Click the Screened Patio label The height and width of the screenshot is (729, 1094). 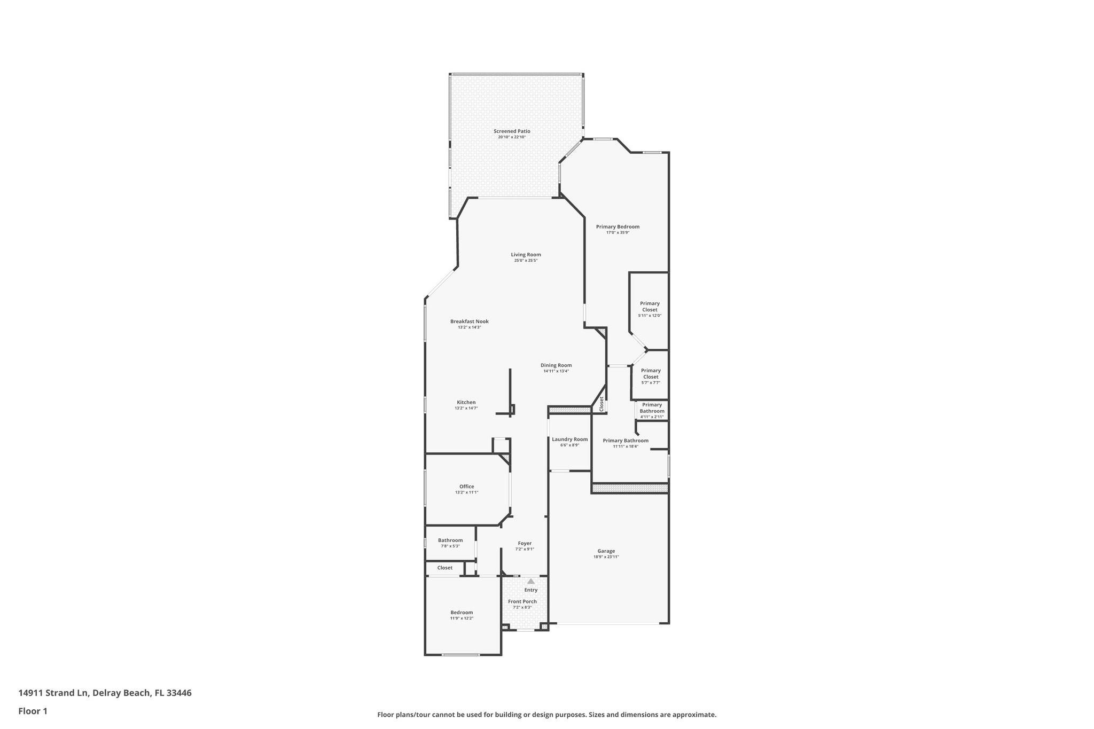coord(512,131)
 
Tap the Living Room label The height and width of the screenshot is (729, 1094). coord(526,255)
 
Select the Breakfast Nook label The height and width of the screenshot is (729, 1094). coord(469,322)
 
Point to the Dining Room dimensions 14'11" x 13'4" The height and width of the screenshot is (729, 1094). coord(556,371)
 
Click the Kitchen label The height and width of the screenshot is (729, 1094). coord(466,402)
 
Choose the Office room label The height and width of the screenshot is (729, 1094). coord(466,487)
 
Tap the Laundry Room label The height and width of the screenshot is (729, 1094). coord(569,440)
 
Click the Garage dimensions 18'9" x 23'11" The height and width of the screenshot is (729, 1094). coord(606,557)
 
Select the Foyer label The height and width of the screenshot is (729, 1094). coord(525,543)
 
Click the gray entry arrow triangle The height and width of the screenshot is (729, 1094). coord(530,581)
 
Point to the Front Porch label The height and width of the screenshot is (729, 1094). coord(522,601)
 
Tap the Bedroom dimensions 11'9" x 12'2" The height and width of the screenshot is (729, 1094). coord(462,618)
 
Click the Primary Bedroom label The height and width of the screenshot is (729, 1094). coord(618,226)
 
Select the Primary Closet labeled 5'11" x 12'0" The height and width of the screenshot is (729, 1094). coord(650,309)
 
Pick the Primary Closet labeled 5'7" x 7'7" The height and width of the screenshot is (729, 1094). coord(651,377)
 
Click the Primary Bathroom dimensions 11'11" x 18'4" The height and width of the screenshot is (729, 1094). coord(625,446)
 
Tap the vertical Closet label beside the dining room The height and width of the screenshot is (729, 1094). coord(601,404)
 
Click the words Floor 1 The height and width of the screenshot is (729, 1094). coord(33,711)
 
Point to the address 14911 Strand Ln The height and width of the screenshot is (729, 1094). coord(53,693)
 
